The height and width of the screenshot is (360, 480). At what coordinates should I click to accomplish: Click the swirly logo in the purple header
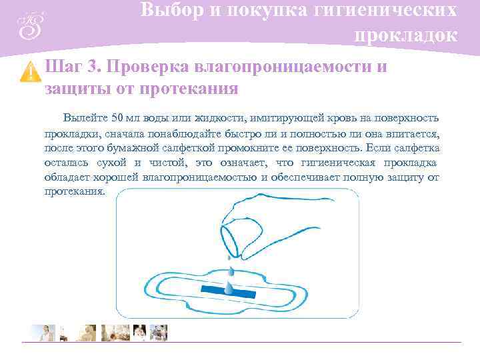pyautogui.click(x=30, y=25)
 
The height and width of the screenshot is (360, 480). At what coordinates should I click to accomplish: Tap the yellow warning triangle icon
pyautogui.click(x=30, y=71)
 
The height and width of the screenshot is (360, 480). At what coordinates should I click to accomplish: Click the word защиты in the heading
pyautogui.click(x=73, y=88)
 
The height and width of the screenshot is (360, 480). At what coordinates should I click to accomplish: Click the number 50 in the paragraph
pyautogui.click(x=118, y=118)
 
